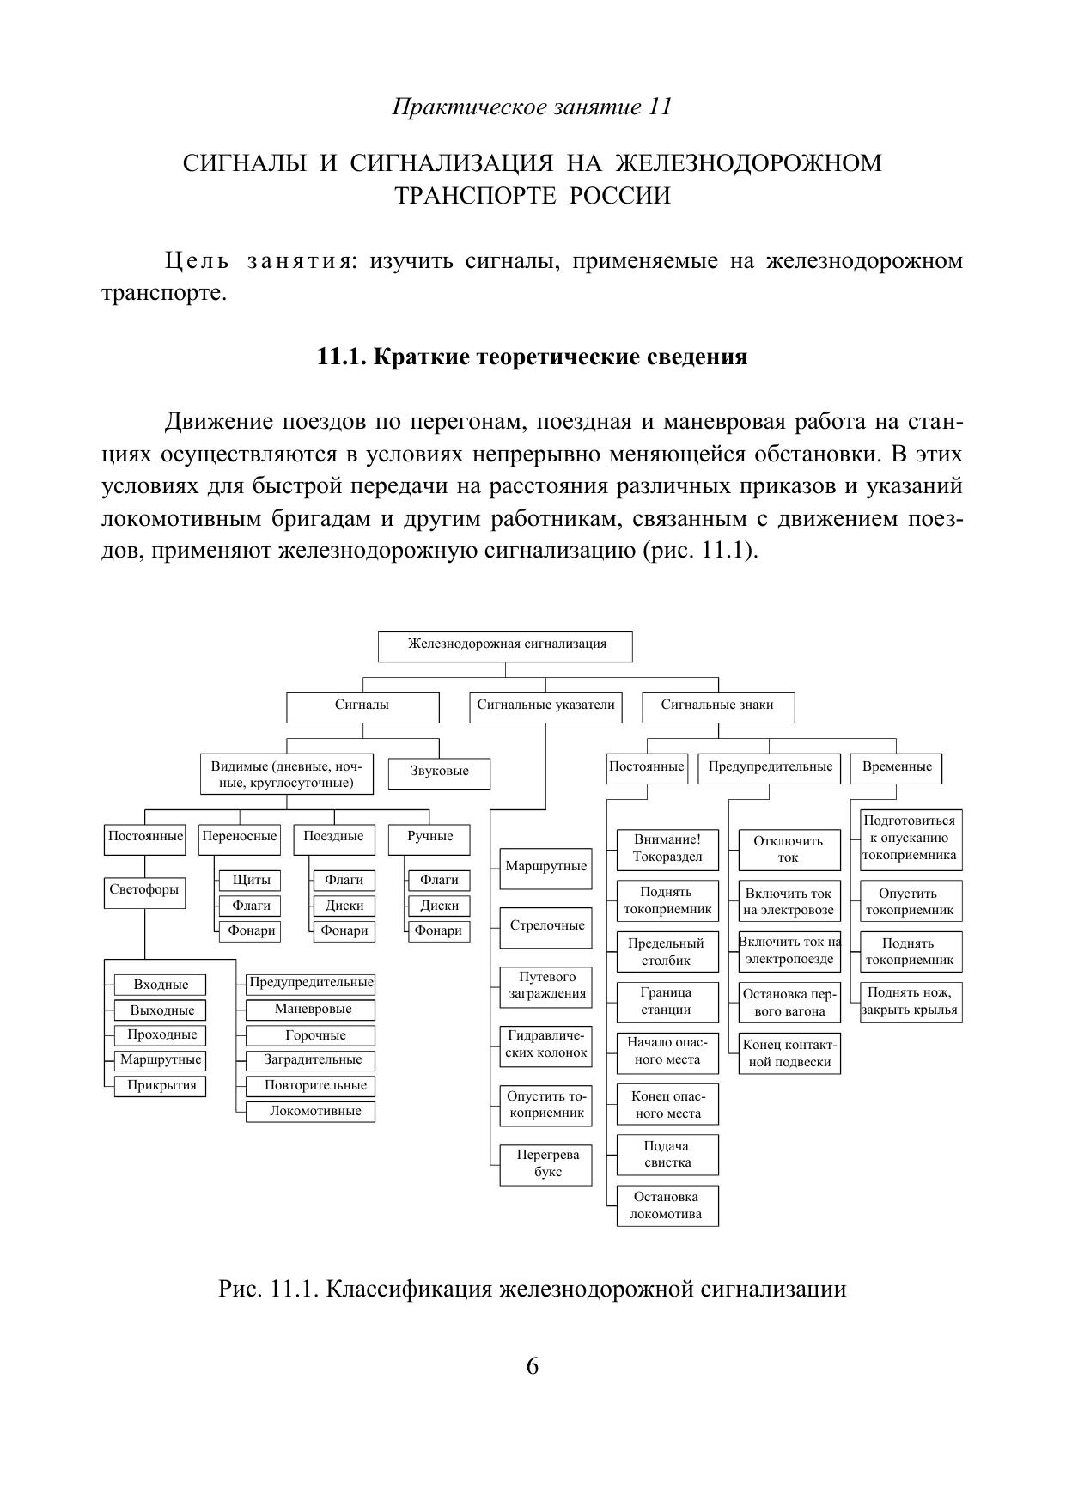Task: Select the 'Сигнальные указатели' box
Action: (x=545, y=706)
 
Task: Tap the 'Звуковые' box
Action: (x=439, y=772)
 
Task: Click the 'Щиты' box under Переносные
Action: (x=251, y=881)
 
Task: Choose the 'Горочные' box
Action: (x=310, y=1035)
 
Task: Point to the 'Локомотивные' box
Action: (x=310, y=1112)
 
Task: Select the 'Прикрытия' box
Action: (x=161, y=1086)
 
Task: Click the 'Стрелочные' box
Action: (x=546, y=927)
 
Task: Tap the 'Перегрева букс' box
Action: (x=546, y=1164)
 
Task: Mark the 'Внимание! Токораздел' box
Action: (x=667, y=849)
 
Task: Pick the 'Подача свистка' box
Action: (x=667, y=1155)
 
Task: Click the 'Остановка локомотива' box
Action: (x=667, y=1205)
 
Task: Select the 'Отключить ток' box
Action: (x=789, y=850)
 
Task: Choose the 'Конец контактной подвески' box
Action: (x=789, y=1053)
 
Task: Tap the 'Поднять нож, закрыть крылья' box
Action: (x=911, y=1002)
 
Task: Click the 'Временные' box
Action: (x=896, y=767)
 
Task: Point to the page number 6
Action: (x=533, y=1367)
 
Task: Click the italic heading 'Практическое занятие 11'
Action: (x=532, y=107)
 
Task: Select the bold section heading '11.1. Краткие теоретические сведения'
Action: (x=532, y=357)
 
